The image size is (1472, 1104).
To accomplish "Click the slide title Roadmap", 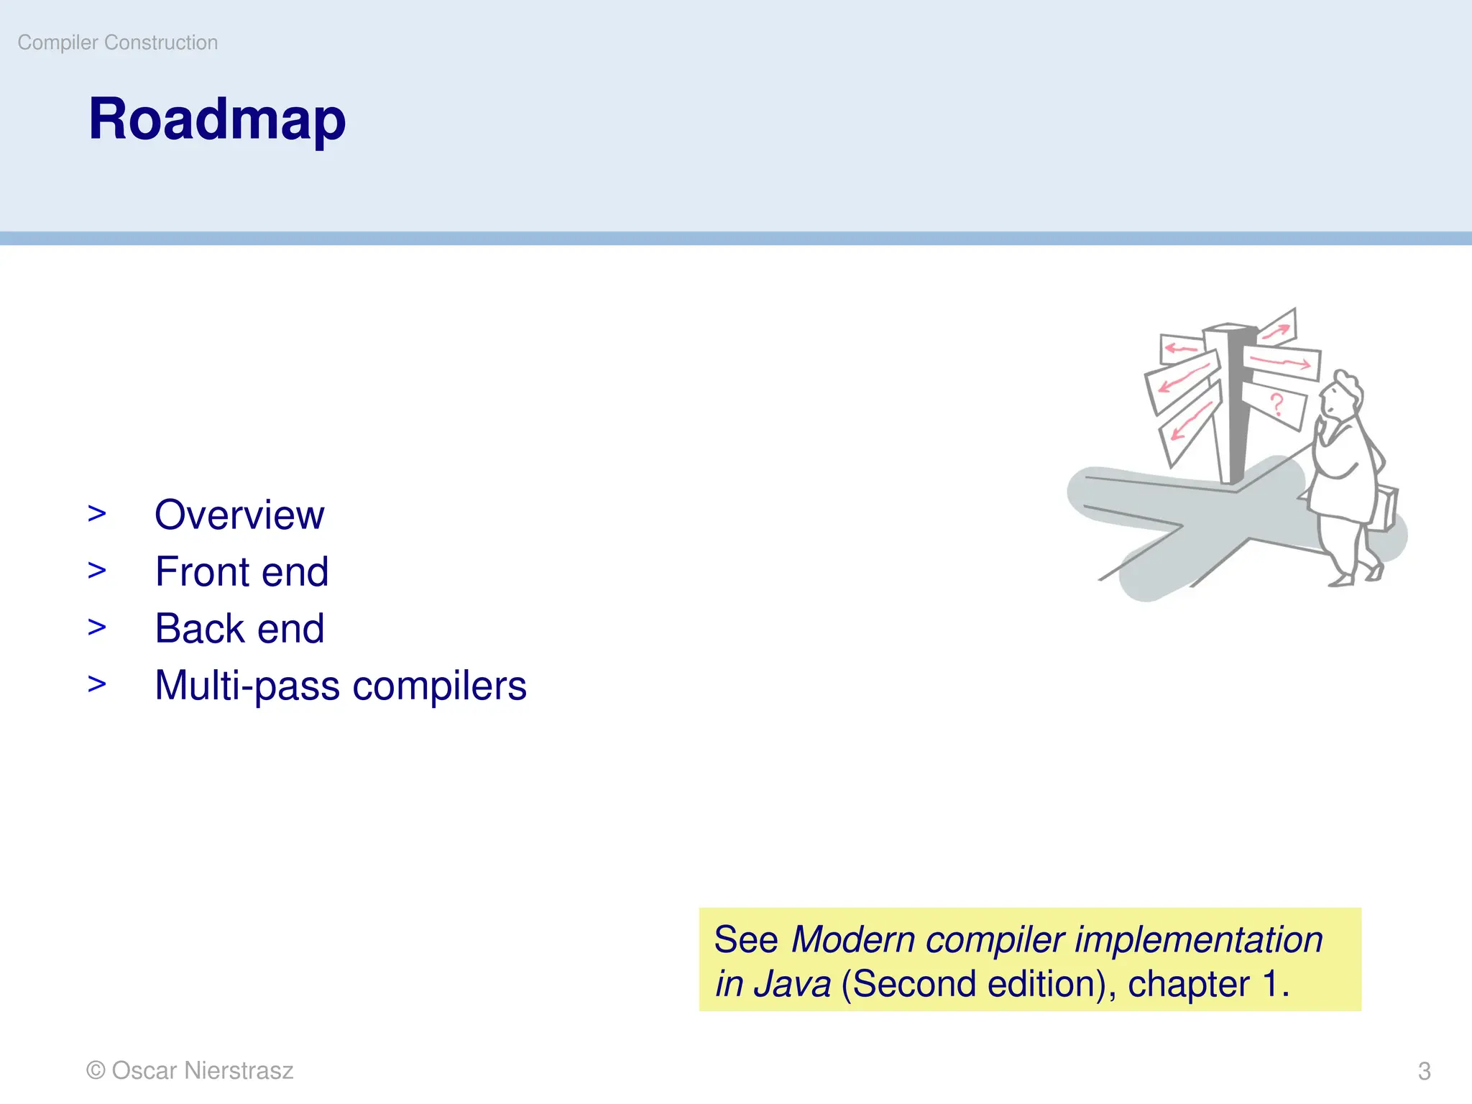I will (217, 119).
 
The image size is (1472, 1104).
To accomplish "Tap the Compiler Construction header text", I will (118, 42).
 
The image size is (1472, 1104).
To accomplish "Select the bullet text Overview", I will (239, 515).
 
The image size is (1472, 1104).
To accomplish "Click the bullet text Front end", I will (241, 571).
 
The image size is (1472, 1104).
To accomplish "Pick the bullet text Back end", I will (239, 628).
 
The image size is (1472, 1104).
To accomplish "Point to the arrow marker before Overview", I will (97, 513).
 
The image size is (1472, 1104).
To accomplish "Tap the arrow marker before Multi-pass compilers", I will (97, 684).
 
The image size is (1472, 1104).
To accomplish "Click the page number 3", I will (1424, 1071).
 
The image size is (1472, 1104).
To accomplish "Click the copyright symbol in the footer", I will (96, 1070).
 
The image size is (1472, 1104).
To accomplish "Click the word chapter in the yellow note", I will (1189, 984).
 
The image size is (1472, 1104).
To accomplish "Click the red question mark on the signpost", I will (1276, 404).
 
